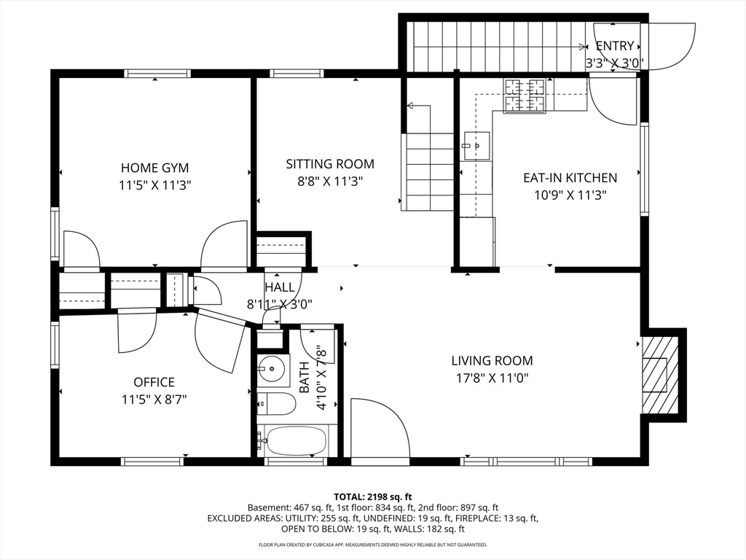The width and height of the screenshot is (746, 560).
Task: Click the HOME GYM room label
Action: [x=154, y=168]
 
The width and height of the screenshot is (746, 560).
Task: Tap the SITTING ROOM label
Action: [x=329, y=164]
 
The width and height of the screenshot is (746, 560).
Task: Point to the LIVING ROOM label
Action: [x=492, y=360]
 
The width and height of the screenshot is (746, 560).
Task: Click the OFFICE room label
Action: [x=154, y=382]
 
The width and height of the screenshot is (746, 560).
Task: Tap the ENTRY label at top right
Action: [x=615, y=46]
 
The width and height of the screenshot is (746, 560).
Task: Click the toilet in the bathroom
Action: [x=276, y=403]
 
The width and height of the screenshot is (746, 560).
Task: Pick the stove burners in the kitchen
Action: [x=525, y=95]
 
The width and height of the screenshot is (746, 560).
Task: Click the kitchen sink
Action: [x=476, y=146]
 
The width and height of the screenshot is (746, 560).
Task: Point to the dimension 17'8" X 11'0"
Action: [x=492, y=378]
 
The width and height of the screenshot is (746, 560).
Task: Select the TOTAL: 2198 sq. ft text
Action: [x=372, y=496]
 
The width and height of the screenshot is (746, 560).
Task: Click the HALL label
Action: [x=280, y=287]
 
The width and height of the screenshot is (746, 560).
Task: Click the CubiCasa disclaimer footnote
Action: [x=372, y=545]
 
